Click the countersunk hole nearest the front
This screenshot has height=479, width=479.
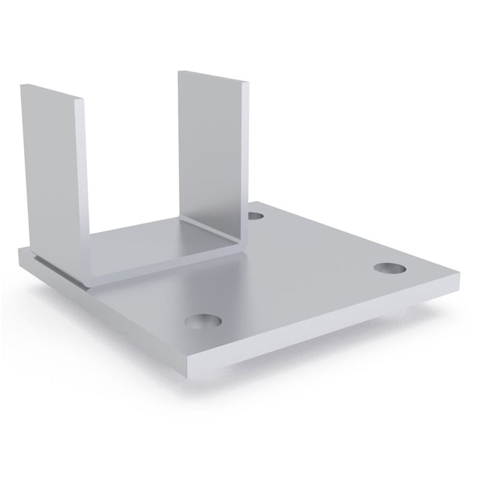pos(202,320)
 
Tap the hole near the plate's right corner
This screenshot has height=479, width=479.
pos(390,268)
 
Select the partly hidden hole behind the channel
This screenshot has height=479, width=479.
pos(255,216)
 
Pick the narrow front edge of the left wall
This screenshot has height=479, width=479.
pos(81,181)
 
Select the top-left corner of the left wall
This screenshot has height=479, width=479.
pos(22,86)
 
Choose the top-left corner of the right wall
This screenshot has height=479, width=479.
pos(180,71)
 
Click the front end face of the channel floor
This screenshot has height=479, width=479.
pos(167,267)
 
